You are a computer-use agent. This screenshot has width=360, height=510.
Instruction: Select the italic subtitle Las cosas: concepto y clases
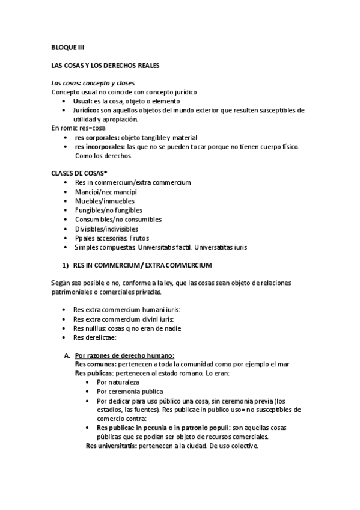coord(93,82)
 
